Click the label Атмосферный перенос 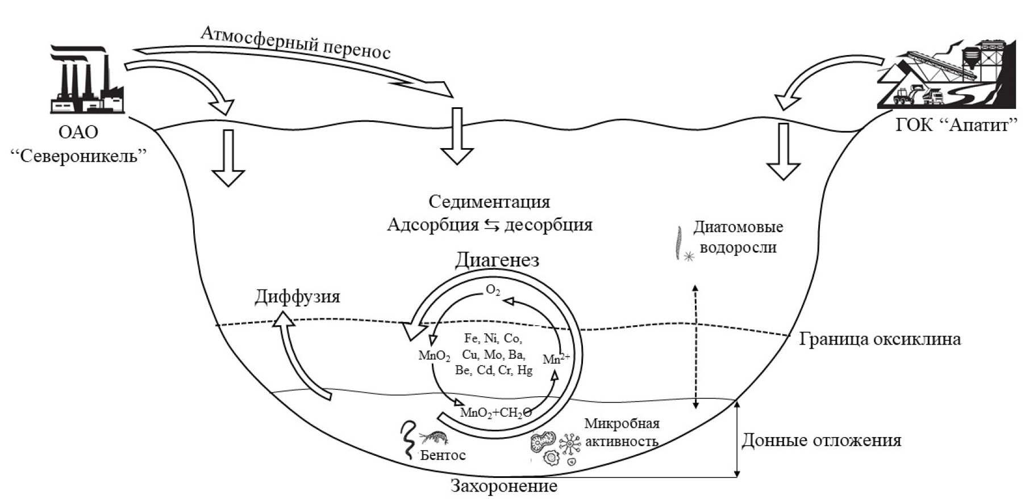coord(295,42)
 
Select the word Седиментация coord(489,202)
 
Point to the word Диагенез coord(497,259)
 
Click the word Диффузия coord(297,296)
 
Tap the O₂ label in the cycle coord(493,291)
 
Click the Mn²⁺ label coord(556,359)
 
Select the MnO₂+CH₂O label coord(495,412)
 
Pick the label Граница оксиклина coord(880,339)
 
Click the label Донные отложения coord(822,440)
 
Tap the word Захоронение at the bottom coord(504,486)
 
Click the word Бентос coord(443,455)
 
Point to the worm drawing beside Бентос coord(409,440)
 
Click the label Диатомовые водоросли coord(738,237)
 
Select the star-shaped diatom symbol coord(689,257)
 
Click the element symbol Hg coord(525,371)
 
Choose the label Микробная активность coord(622,433)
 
